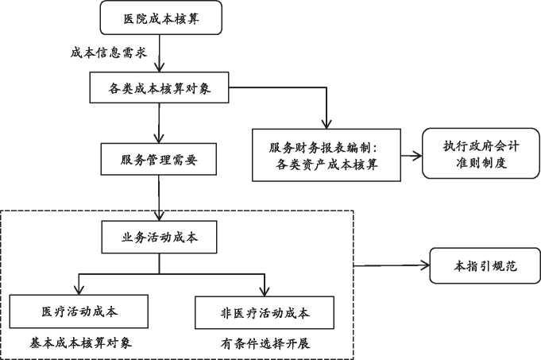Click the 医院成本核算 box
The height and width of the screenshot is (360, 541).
click(x=160, y=17)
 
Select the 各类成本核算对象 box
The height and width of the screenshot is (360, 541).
click(x=159, y=87)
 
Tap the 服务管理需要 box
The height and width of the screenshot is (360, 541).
click(x=159, y=159)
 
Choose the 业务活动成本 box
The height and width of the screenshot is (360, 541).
click(x=159, y=237)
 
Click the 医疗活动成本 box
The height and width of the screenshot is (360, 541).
click(x=79, y=312)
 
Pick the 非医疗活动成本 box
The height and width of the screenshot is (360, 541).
click(x=265, y=312)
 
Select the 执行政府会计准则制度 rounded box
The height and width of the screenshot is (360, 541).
click(x=481, y=153)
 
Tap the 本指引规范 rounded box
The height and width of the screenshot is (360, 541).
click(x=485, y=265)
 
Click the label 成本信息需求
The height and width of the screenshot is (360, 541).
click(x=109, y=52)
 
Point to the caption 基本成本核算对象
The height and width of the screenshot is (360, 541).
click(x=81, y=343)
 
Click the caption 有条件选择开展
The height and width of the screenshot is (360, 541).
click(x=265, y=343)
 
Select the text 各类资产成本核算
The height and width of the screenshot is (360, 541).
click(x=327, y=165)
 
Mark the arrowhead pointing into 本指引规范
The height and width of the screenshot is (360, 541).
click(x=426, y=265)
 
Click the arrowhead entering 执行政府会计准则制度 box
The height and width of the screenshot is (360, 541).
click(x=418, y=156)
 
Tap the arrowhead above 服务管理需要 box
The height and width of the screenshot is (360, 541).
click(x=159, y=139)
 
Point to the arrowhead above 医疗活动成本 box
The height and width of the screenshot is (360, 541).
click(x=79, y=291)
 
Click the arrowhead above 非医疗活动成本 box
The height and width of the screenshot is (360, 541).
click(x=265, y=292)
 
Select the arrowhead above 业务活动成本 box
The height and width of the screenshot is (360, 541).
click(x=159, y=217)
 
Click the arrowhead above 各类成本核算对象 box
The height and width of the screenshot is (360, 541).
click(x=159, y=68)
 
